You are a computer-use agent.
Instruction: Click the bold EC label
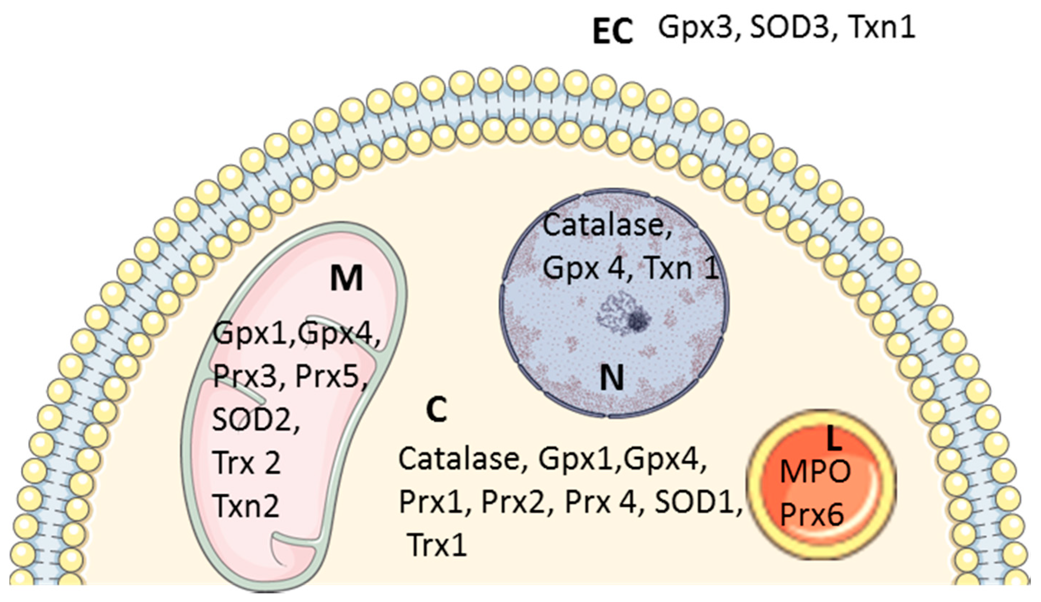tap(613, 32)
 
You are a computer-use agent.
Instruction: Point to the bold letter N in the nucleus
tap(611, 379)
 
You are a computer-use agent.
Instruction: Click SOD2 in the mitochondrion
tap(253, 420)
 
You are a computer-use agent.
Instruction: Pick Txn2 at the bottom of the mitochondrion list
tap(246, 506)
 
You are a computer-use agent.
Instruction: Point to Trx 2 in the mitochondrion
tap(246, 462)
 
